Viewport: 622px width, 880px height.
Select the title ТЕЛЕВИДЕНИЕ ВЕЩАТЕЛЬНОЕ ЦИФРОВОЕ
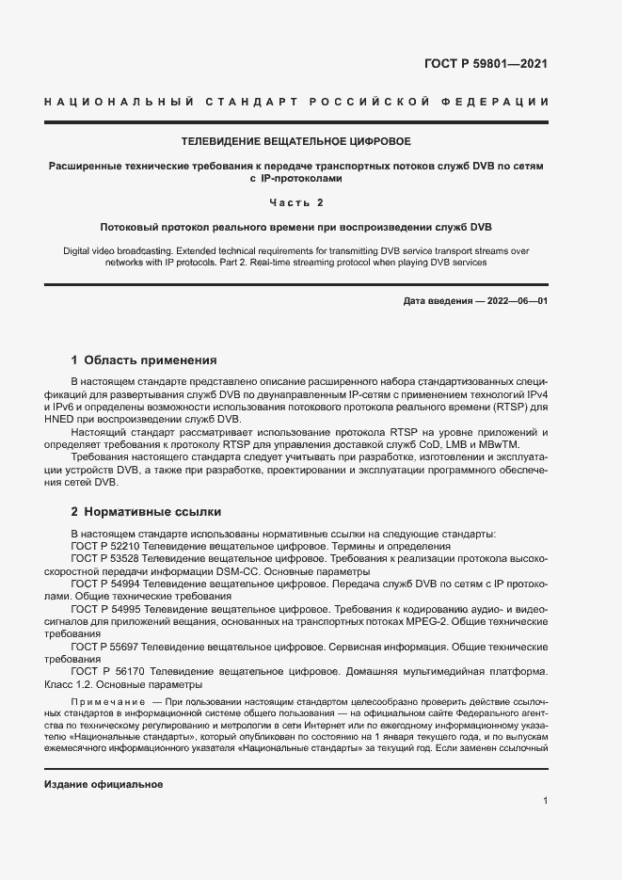click(x=295, y=141)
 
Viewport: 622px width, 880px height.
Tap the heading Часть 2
click(x=295, y=202)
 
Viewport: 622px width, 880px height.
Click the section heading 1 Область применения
click(x=144, y=360)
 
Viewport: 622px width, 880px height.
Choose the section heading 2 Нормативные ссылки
click(x=146, y=512)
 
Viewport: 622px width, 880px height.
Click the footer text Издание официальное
click(x=104, y=784)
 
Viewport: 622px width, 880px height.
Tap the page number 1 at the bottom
click(x=545, y=801)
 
